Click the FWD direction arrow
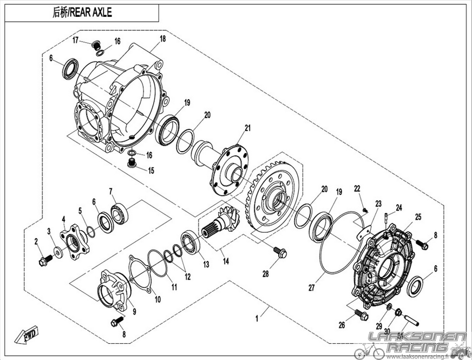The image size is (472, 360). [x=27, y=334]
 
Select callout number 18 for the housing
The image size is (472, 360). [x=162, y=39]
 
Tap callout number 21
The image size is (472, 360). [x=247, y=128]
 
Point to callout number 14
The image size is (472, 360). [x=226, y=261]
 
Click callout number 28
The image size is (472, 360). [x=265, y=274]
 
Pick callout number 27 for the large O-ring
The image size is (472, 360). [x=312, y=288]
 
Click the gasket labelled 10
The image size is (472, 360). [x=140, y=273]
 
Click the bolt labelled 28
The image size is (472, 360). [x=280, y=252]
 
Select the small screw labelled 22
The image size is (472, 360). [x=365, y=210]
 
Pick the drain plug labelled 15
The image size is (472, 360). [x=131, y=163]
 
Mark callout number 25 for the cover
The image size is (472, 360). [x=418, y=217]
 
